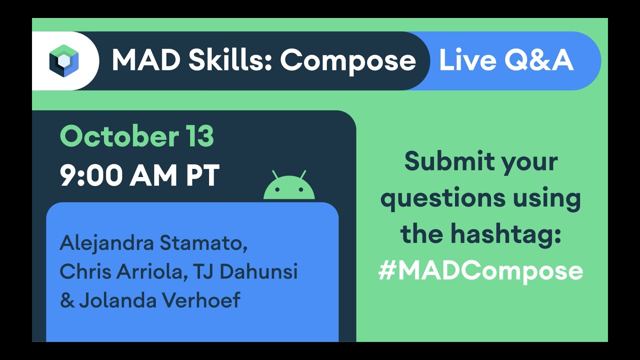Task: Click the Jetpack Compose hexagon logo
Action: coord(63,60)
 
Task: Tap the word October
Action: coord(119,136)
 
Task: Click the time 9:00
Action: coord(91,175)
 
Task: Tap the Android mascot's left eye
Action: coord(276,189)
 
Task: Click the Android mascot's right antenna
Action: coord(303,175)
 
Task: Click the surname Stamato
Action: coord(203,243)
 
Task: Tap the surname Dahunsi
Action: coord(258,271)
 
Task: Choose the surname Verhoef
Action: coord(201,300)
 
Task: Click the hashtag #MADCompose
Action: coord(480,271)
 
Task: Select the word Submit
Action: coord(449,161)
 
